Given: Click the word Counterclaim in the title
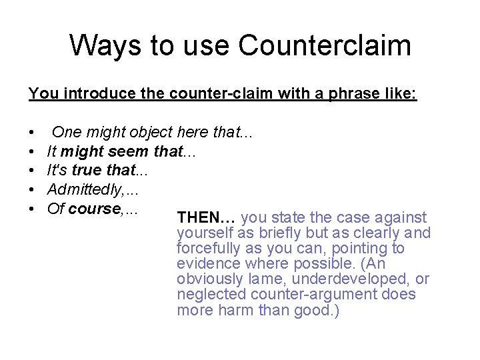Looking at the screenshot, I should pyautogui.click(x=325, y=46).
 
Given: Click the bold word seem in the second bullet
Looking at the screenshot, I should pyautogui.click(x=129, y=152).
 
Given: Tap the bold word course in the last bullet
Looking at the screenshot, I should pyautogui.click(x=94, y=209).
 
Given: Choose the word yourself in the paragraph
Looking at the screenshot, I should pyautogui.click(x=202, y=233).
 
